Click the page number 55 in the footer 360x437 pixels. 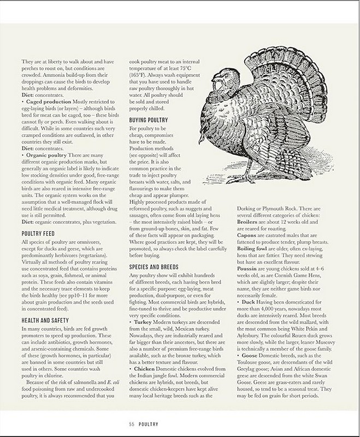(132, 422)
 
